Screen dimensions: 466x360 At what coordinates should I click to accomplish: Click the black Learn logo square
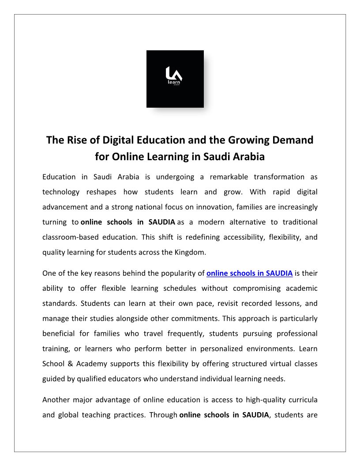click(175, 79)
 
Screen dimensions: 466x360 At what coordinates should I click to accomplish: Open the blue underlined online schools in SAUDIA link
click(249, 273)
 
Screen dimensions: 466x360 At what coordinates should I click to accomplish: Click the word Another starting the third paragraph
click(56, 400)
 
